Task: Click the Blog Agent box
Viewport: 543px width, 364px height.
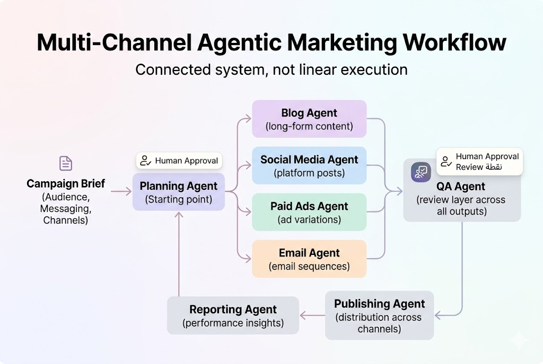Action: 309,119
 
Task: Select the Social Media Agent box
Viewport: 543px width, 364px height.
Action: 309,166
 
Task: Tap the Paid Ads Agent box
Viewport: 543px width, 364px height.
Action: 309,212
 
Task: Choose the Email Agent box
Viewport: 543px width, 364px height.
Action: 309,259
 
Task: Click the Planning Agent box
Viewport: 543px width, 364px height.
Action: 179,192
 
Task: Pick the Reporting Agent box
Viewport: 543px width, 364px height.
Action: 233,316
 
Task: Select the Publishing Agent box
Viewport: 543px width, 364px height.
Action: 379,316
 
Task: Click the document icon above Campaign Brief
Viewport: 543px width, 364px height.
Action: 66,163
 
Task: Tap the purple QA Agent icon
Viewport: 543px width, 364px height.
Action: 421,172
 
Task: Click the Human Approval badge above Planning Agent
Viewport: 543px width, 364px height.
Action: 179,161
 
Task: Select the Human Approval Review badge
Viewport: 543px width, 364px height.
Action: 480,162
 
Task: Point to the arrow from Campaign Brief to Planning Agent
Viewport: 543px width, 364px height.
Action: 121,192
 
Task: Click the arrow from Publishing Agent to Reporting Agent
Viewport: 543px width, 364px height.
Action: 312,316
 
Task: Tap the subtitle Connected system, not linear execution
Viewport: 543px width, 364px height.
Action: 271,69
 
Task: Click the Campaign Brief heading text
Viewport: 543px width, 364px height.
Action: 66,184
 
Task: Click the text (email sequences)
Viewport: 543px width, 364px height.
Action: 309,266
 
